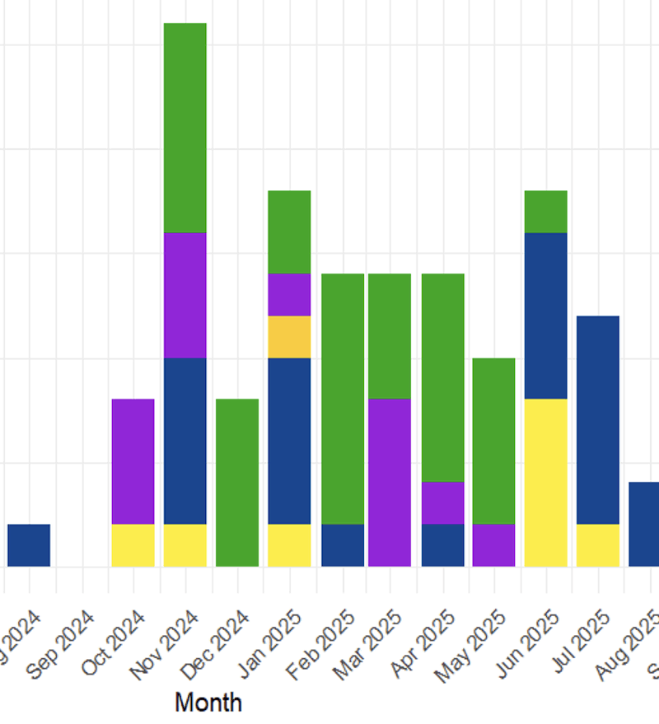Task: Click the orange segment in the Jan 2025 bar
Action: [289, 337]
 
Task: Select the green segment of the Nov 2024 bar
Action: [185, 128]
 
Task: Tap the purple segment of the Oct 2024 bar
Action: [133, 461]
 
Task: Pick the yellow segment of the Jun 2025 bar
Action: [545, 483]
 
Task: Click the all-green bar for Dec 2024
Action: [237, 483]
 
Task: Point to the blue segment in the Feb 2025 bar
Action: [343, 545]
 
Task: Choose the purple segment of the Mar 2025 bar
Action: [390, 483]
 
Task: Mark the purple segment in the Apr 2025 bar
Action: [443, 502]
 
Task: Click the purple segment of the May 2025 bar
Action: [493, 545]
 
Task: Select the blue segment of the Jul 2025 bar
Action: [598, 420]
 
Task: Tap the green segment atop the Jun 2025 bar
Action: [545, 212]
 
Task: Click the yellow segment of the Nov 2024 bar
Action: [185, 545]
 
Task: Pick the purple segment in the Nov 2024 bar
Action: [185, 295]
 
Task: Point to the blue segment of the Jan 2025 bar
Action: [289, 441]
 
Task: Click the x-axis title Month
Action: [208, 703]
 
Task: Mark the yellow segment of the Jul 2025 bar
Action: [598, 545]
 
